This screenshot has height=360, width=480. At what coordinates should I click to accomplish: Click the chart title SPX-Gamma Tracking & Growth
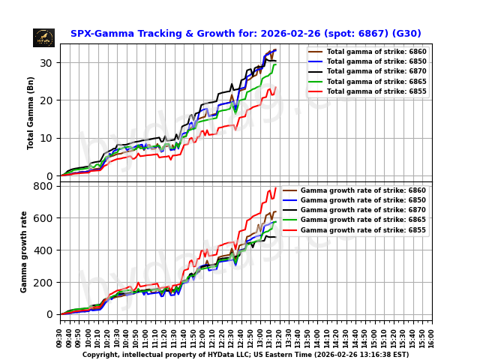point(245,34)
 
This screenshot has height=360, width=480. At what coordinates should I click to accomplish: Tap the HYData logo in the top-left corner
point(43,37)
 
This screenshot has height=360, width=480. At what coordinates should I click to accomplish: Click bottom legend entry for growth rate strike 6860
point(364,190)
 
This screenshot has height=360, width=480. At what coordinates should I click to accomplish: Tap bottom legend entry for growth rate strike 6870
point(364,210)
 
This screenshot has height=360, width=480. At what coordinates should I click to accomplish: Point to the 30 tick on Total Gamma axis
point(50,62)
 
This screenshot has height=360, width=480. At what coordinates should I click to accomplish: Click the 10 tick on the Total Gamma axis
point(50,138)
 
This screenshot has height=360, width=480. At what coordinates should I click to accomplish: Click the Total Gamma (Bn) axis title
point(31,112)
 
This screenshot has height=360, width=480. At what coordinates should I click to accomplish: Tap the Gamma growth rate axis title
point(24,251)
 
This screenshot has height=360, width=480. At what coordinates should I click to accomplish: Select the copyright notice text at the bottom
point(245,354)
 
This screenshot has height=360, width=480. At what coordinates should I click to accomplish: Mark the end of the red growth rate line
point(276,187)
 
